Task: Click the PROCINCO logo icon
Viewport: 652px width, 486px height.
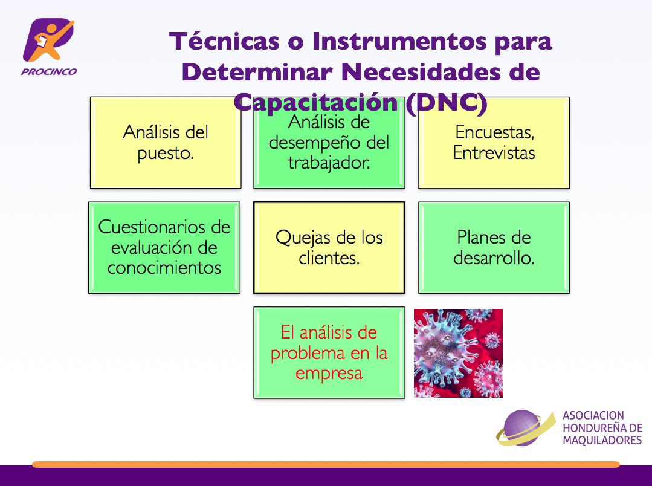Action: click(48, 39)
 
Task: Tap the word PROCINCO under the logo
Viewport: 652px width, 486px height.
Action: click(49, 71)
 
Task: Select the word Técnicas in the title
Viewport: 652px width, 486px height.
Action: click(224, 41)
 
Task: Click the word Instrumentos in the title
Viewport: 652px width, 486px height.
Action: click(399, 41)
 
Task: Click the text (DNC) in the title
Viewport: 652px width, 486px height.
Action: click(446, 102)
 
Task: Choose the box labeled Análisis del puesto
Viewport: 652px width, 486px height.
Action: click(166, 143)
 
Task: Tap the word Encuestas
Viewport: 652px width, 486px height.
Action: click(494, 132)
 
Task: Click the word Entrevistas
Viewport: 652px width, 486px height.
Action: click(494, 153)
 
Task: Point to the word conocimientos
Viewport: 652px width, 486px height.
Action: click(164, 268)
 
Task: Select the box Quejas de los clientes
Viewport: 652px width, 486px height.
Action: click(329, 248)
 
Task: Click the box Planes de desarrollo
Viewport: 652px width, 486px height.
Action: click(494, 248)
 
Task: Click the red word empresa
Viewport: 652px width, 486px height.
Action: click(329, 374)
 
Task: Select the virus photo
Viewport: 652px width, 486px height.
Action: click(458, 353)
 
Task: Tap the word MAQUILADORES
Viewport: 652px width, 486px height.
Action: click(602, 440)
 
